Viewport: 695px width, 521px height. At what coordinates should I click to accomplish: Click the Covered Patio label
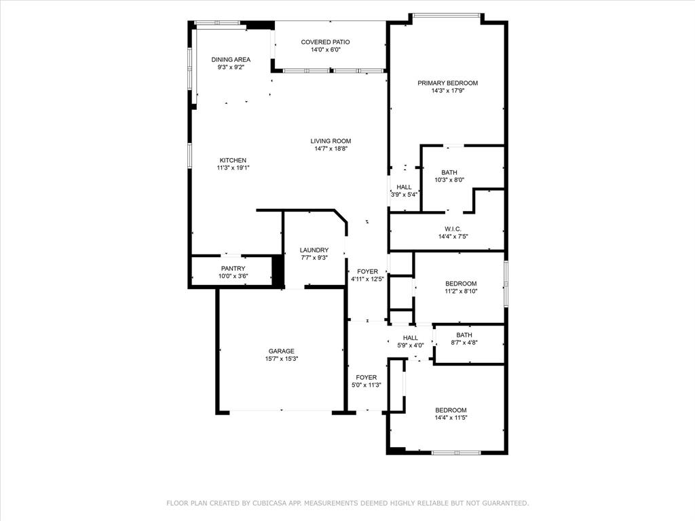(x=325, y=42)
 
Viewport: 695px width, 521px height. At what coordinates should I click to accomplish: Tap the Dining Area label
(x=231, y=60)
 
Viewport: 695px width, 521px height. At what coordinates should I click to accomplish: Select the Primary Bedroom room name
(x=448, y=83)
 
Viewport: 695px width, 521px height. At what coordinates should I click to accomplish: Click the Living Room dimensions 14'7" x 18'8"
(x=331, y=149)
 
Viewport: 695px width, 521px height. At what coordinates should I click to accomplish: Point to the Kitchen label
(x=233, y=160)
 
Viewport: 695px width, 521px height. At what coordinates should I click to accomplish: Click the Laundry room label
(x=314, y=250)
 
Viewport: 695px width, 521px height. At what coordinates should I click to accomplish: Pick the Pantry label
(x=233, y=269)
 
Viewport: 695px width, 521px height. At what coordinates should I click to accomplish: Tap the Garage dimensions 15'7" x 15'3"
(x=282, y=359)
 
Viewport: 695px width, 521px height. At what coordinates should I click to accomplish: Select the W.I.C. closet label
(x=453, y=229)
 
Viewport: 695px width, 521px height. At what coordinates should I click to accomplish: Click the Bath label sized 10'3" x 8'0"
(x=449, y=172)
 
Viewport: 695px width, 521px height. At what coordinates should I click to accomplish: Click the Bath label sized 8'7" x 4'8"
(x=464, y=335)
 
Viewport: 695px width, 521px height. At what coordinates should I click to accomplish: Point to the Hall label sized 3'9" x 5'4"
(x=404, y=187)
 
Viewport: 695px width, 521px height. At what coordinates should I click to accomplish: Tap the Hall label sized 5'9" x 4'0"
(x=411, y=338)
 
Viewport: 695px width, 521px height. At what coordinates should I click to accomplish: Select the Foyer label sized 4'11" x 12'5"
(x=367, y=271)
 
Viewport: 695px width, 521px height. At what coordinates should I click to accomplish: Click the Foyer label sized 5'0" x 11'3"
(x=366, y=377)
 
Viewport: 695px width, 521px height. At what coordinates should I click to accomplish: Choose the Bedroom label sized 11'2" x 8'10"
(x=461, y=284)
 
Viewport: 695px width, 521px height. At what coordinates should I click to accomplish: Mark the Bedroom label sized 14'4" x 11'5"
(x=451, y=410)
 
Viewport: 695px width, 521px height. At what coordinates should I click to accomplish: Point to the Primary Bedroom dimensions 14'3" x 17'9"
(x=448, y=91)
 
